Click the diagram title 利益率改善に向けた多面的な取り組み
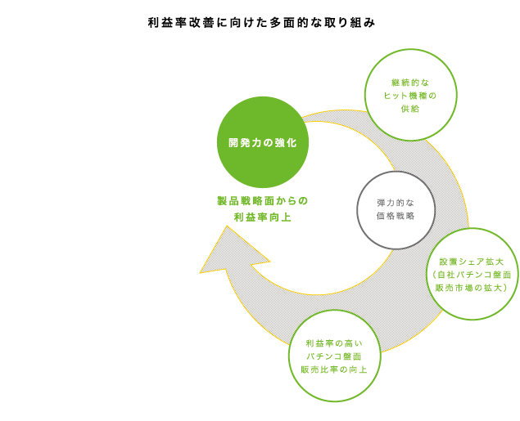coord(262,23)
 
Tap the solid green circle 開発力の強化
coord(263,142)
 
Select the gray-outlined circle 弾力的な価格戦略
coord(396,210)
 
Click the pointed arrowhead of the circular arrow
coord(227,226)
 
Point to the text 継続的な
coord(410,83)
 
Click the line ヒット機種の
coord(410,96)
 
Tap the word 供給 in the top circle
coord(410,109)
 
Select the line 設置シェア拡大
coord(472,262)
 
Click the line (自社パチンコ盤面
coord(472,275)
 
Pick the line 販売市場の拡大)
coord(472,288)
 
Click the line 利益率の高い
coord(334,343)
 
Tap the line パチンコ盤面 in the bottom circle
coord(334,356)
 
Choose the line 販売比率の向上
coord(334,369)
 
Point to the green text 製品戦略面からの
coord(263,201)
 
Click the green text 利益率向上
coord(263,217)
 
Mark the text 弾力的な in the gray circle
coord(396,203)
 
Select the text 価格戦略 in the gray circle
coord(396,216)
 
